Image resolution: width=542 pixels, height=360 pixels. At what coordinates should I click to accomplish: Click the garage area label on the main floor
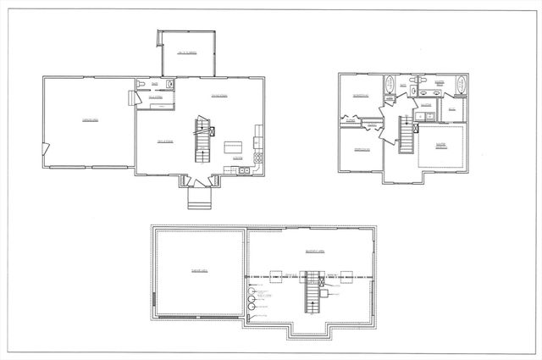[x=87, y=120]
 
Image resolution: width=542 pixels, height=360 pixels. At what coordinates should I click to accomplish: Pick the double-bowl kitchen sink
[x=244, y=171]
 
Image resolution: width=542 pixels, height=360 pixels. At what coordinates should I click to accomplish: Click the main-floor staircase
[x=202, y=141]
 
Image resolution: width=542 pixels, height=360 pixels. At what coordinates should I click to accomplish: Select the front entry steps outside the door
[x=197, y=198]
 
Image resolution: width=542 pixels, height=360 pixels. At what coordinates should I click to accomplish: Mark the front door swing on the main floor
[x=194, y=180]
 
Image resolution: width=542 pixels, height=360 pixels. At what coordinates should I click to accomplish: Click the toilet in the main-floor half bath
[x=169, y=85]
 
